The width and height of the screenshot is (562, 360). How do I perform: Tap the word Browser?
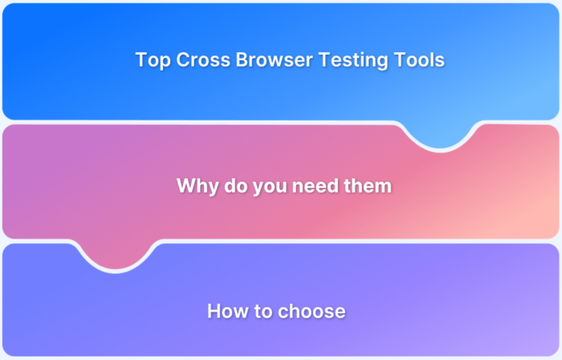click(x=262, y=60)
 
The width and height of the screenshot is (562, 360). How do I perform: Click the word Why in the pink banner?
click(x=195, y=186)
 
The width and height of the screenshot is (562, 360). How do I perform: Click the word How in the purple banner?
click(x=226, y=311)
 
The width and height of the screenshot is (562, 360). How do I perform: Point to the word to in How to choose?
click(x=261, y=311)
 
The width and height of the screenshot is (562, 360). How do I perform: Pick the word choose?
click(x=311, y=311)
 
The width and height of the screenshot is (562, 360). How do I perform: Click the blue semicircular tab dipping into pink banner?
click(x=440, y=134)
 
